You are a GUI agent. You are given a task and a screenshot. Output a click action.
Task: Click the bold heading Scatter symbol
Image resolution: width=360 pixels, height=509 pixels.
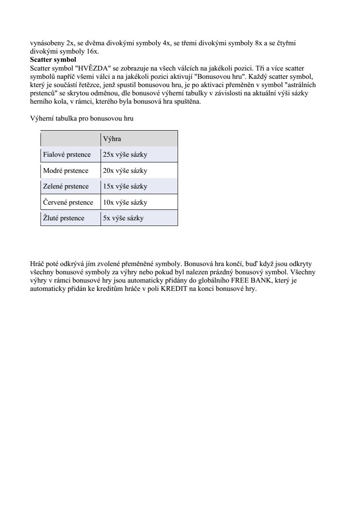(53, 60)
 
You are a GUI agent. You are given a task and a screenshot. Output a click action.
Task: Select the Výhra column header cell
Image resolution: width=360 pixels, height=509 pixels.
(139, 139)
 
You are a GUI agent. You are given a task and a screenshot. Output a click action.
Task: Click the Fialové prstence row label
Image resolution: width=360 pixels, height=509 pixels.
(67, 155)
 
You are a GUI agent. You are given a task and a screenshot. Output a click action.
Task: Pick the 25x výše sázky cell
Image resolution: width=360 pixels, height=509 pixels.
(125, 155)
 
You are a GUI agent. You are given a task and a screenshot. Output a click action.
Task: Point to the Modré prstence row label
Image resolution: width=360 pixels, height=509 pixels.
(66, 171)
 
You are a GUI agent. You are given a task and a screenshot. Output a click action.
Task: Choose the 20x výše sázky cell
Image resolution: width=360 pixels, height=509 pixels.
(125, 171)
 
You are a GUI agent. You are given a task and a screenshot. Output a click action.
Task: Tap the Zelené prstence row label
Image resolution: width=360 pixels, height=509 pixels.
(66, 186)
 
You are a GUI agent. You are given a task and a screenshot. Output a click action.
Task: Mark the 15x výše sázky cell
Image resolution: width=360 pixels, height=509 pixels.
(125, 186)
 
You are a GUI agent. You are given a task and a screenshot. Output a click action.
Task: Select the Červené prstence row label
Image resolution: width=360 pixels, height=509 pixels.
(68, 202)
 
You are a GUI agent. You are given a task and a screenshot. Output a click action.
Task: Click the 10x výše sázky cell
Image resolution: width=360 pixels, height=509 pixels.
(125, 202)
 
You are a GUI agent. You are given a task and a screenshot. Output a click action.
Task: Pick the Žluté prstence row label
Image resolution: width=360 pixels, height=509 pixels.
(64, 218)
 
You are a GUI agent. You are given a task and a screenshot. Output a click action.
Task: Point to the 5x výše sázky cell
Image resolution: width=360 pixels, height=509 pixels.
(123, 218)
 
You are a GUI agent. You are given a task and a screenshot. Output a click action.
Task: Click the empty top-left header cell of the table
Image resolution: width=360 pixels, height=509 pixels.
(71, 139)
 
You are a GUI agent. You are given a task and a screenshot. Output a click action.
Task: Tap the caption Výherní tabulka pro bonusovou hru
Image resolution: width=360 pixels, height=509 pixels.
(82, 118)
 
